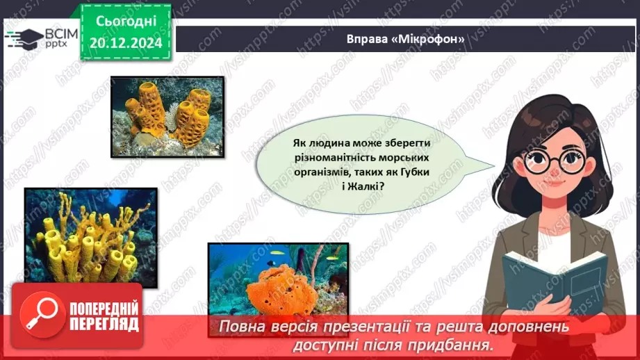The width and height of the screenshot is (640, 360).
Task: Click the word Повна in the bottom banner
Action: click(x=247, y=327)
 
